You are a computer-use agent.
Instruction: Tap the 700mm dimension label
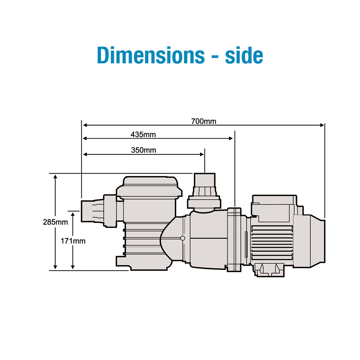pyautogui.click(x=204, y=121)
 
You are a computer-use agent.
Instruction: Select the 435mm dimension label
pyautogui.click(x=143, y=135)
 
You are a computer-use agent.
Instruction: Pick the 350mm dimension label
pyautogui.click(x=143, y=150)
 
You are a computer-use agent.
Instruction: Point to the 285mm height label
pyautogui.click(x=55, y=222)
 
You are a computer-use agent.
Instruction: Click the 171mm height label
pyautogui.click(x=73, y=241)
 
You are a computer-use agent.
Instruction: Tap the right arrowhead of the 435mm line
pyautogui.click(x=231, y=138)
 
